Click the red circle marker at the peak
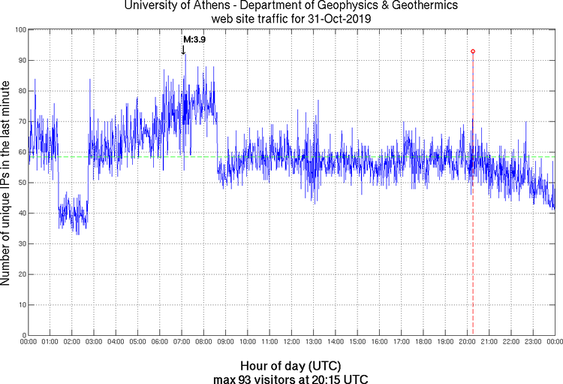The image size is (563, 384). coord(473,51)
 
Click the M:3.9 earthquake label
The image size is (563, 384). coord(194,39)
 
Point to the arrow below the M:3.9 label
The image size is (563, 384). coord(183,50)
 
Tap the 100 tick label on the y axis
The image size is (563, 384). coord(20,29)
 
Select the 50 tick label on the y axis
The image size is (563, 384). coord(22,183)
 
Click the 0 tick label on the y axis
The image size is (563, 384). coord(24,335)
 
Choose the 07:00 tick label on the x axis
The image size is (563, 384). coord(182,343)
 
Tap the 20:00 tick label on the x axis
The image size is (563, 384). coord(467,343)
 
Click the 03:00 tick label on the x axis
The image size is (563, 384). coord(94,343)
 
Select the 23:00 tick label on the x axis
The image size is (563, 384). coord(533,343)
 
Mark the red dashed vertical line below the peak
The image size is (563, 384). coord(473,225)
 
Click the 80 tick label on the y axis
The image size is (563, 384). coord(22,91)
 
